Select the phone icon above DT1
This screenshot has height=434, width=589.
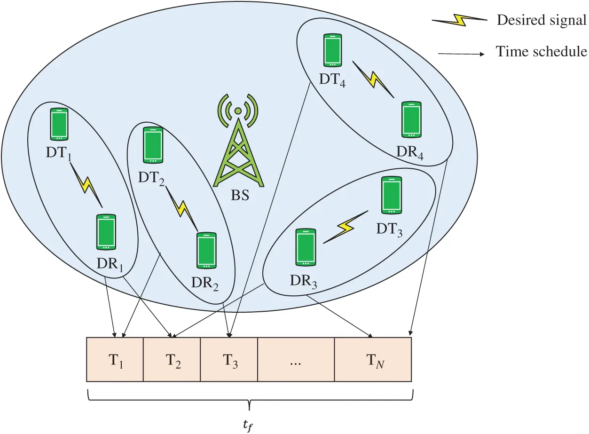pyautogui.click(x=59, y=125)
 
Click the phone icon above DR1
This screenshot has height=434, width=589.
pyautogui.click(x=106, y=232)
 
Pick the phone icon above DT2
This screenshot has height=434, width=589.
pyautogui.click(x=153, y=145)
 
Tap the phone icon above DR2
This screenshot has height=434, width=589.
pyautogui.click(x=206, y=251)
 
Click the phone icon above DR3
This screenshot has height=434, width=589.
pyautogui.click(x=306, y=247)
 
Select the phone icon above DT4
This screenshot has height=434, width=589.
pyautogui.click(x=333, y=50)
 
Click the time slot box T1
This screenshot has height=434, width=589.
pyautogui.click(x=115, y=360)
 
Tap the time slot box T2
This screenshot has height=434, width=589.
pyautogui.click(x=172, y=360)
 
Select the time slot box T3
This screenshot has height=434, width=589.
pyautogui.click(x=229, y=360)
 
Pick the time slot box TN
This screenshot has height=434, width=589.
pyautogui.click(x=373, y=360)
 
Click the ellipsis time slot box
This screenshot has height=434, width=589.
pyautogui.click(x=296, y=360)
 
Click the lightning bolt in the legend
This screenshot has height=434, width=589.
pyautogui.click(x=460, y=20)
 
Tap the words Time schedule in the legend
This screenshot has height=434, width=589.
pyautogui.click(x=542, y=52)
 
